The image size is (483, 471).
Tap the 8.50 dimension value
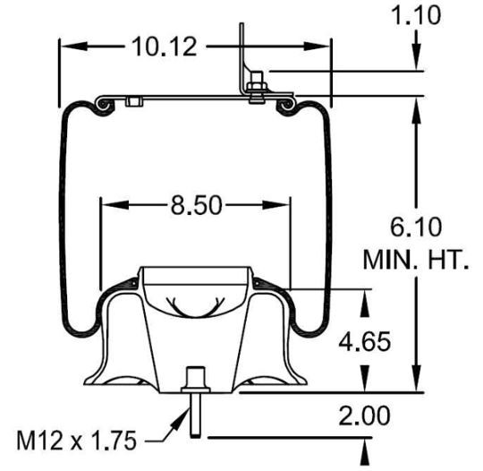point(196,205)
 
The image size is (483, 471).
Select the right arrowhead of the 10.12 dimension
point(323,45)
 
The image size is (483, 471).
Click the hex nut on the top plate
point(256,88)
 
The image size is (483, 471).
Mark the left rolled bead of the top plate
point(106,107)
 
